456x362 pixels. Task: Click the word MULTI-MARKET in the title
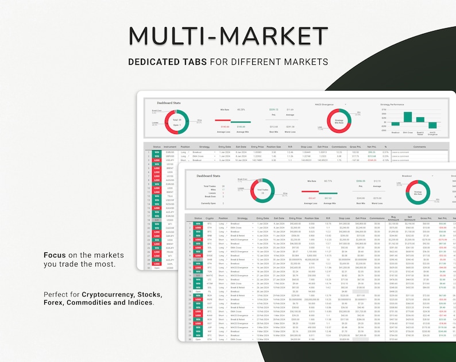coord(228,35)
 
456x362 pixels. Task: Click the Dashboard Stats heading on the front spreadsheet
coord(208,176)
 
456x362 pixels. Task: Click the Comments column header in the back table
coord(419,147)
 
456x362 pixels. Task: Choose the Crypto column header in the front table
coord(210,218)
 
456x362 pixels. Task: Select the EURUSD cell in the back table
coord(169,152)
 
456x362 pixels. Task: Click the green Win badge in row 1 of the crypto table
coord(197,224)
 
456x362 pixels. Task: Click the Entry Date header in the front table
coord(262,218)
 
